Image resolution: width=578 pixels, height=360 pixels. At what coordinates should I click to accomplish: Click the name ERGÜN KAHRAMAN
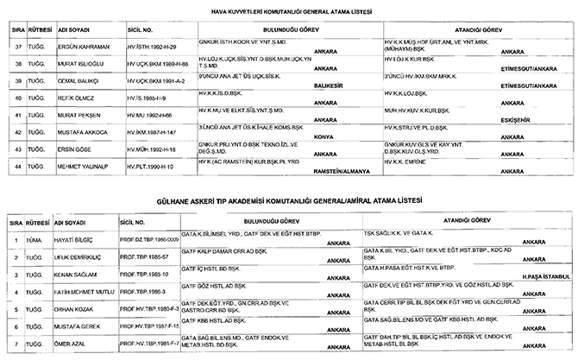(x=85, y=45)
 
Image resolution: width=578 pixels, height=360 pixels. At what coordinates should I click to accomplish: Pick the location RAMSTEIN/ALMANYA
(x=340, y=171)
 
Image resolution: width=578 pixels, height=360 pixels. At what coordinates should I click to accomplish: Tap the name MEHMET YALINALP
(x=89, y=163)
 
